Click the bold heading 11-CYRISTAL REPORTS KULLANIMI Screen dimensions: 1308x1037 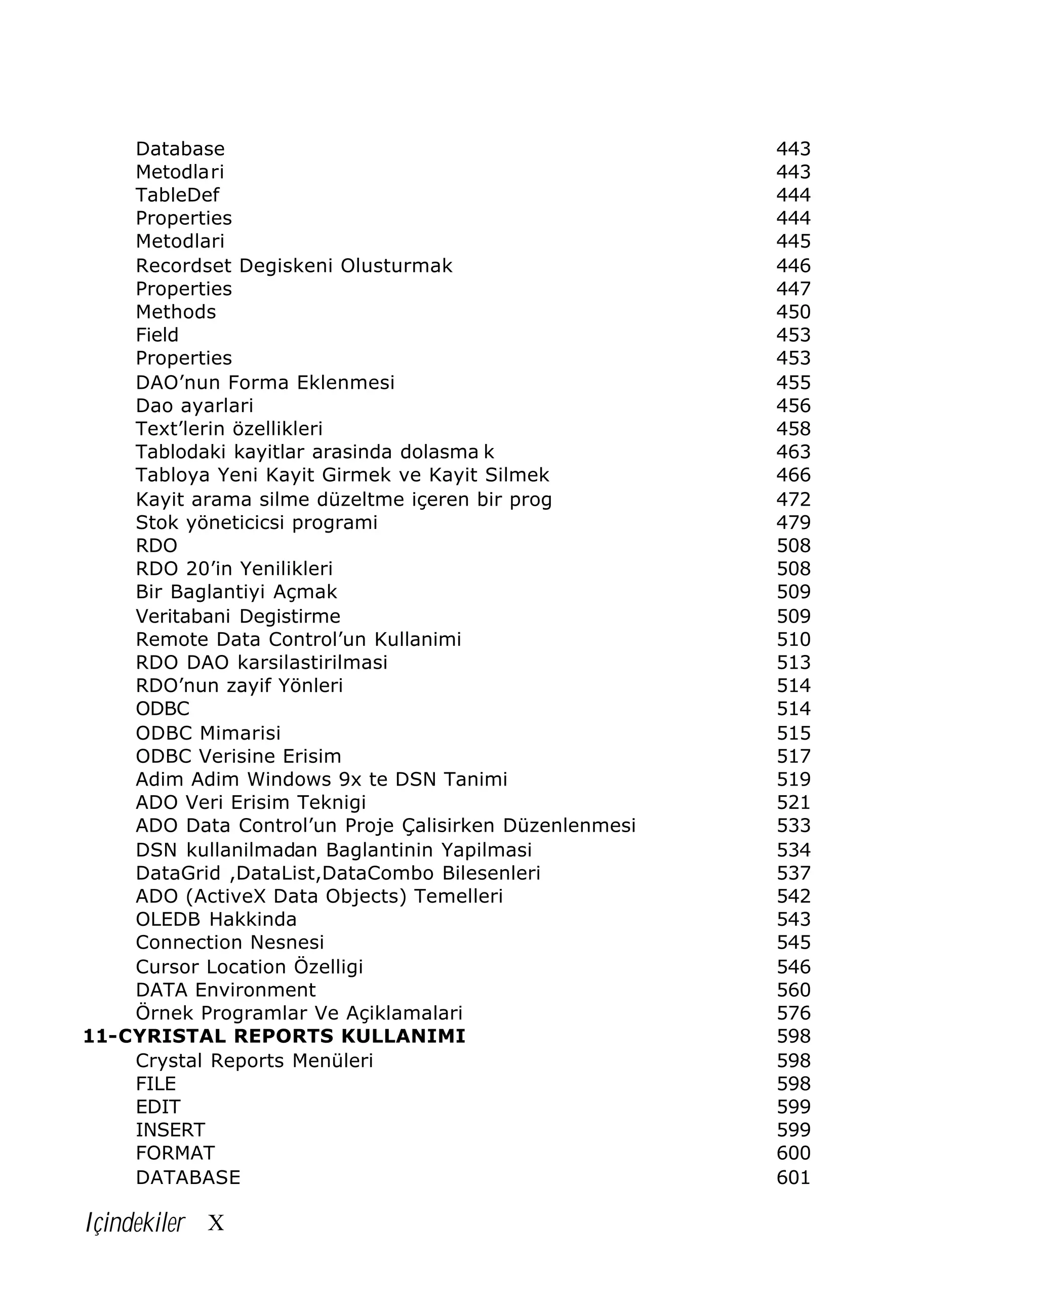click(x=273, y=1036)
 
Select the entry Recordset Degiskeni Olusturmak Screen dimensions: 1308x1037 click(x=294, y=266)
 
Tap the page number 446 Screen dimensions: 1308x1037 click(x=793, y=266)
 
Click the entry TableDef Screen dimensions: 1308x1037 click(x=177, y=195)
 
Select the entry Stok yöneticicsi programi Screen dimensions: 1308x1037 click(x=256, y=522)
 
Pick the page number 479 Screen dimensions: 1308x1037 click(x=793, y=522)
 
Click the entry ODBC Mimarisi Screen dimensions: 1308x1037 click(x=208, y=733)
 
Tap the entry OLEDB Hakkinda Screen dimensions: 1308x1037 click(x=216, y=919)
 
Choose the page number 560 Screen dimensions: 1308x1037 click(x=793, y=990)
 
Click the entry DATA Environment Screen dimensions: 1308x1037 click(x=226, y=990)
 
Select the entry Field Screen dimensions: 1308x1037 click(x=157, y=335)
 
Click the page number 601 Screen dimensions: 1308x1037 click(x=793, y=1177)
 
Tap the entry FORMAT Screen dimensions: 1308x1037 click(x=175, y=1153)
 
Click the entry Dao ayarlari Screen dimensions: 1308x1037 click(x=194, y=405)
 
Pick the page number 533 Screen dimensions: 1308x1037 click(x=793, y=826)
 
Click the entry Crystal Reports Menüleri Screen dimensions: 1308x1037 click(x=254, y=1060)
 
